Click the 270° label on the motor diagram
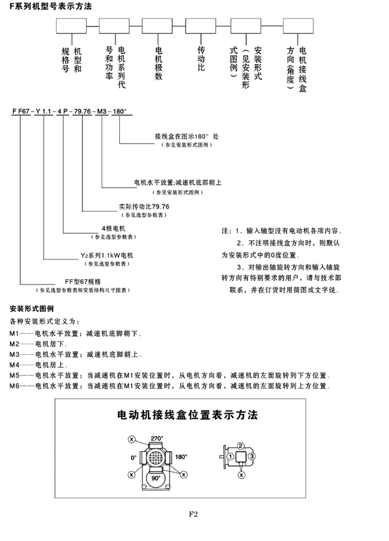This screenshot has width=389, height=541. pyautogui.click(x=157, y=436)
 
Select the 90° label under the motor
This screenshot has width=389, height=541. pyautogui.click(x=157, y=479)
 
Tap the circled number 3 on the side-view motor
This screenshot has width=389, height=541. pyautogui.click(x=253, y=457)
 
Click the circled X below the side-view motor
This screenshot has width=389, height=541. pyautogui.click(x=241, y=475)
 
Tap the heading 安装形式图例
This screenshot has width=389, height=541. pyautogui.click(x=32, y=310)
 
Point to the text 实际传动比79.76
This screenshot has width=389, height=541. pyautogui.click(x=144, y=206)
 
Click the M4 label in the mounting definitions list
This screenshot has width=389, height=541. pyautogui.click(x=16, y=364)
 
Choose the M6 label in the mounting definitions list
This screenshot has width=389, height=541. pyautogui.click(x=16, y=386)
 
